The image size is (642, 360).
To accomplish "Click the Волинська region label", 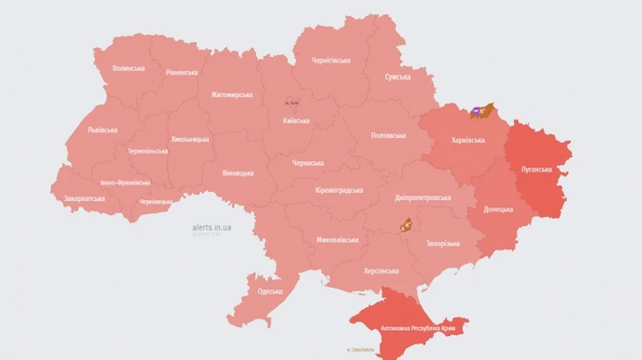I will [x=128, y=68].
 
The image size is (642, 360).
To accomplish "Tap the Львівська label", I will [x=103, y=130].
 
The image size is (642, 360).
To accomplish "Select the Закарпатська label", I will [x=84, y=199].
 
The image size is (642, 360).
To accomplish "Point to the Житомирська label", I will [x=232, y=95].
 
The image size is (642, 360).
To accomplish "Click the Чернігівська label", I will [x=331, y=61].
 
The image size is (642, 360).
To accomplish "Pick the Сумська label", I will [x=397, y=77].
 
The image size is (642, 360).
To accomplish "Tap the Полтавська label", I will [x=389, y=135].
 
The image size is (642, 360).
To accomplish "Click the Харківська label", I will [x=468, y=140].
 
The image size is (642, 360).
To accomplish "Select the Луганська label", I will [x=535, y=170].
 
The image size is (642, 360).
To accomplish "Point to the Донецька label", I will [x=499, y=210].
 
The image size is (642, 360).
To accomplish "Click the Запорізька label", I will [x=443, y=244].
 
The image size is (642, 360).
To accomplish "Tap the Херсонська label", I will [x=381, y=271].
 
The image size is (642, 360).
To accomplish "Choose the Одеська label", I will [x=270, y=292].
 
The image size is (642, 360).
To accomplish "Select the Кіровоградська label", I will [x=339, y=190].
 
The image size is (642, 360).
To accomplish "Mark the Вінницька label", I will [x=238, y=173].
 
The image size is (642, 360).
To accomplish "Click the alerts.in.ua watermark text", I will [x=212, y=227].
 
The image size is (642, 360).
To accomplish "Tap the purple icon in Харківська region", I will [x=476, y=110].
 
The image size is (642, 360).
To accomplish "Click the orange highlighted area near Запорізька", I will [x=407, y=225].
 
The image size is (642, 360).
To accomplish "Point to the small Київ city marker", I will [x=292, y=102].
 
